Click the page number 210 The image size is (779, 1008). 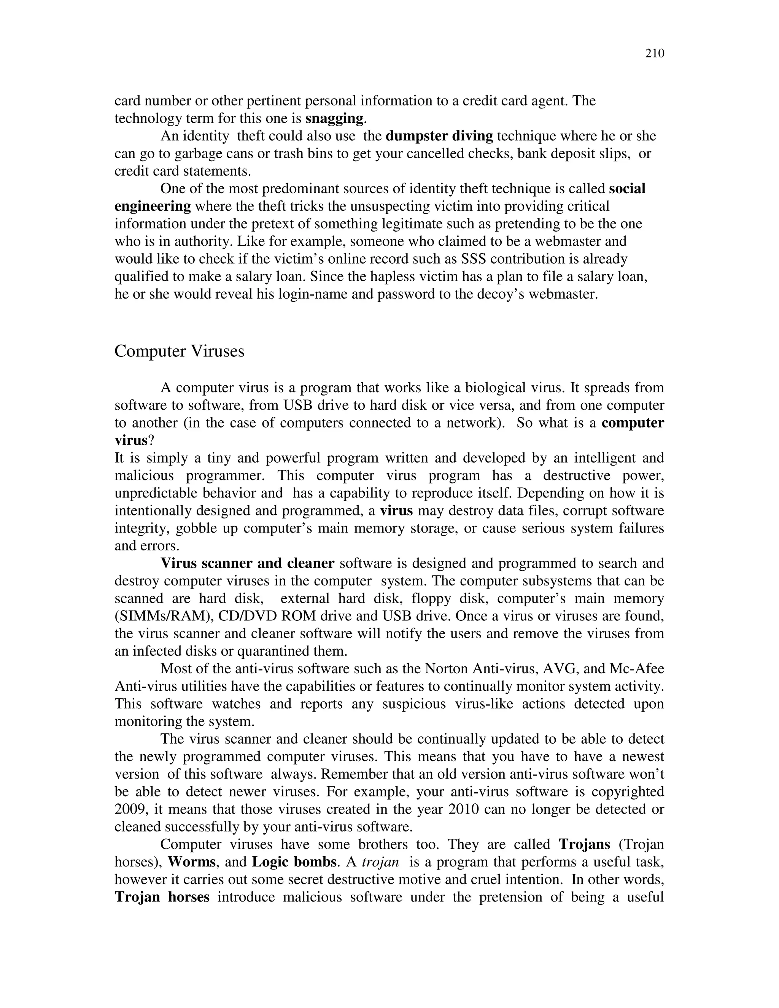[654, 54]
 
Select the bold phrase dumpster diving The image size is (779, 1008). [439, 136]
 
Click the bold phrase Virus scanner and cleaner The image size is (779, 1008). [247, 564]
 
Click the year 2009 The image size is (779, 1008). [130, 809]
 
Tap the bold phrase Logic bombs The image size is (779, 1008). [294, 862]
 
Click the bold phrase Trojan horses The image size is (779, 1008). [162, 897]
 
